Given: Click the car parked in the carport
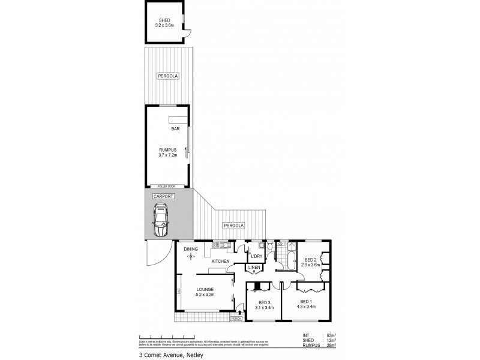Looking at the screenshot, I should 161,220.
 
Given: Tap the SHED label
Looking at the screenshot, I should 164,20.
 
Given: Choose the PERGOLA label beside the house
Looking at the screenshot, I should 233,226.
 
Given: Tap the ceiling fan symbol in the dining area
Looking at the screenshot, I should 191,256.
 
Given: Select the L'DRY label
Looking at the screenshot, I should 256,256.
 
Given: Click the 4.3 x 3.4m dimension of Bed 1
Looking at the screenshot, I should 306,307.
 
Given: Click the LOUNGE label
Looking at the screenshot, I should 205,289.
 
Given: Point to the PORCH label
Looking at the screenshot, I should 236,319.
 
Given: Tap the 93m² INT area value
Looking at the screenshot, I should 331,335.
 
